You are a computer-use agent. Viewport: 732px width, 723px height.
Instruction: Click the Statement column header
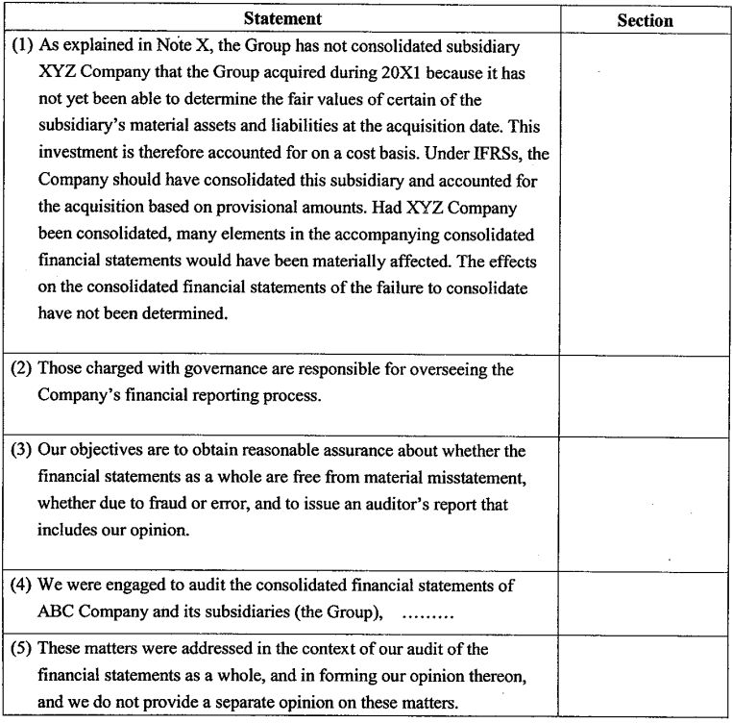[x=282, y=18]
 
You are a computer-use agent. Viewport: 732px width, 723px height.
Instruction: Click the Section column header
[x=645, y=20]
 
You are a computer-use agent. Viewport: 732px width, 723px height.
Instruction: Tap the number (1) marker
[x=21, y=45]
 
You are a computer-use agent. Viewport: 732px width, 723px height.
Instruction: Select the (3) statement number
[x=21, y=450]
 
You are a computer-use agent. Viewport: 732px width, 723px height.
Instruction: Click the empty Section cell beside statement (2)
[x=645, y=395]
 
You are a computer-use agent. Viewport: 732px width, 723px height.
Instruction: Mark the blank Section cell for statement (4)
[x=645, y=598]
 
